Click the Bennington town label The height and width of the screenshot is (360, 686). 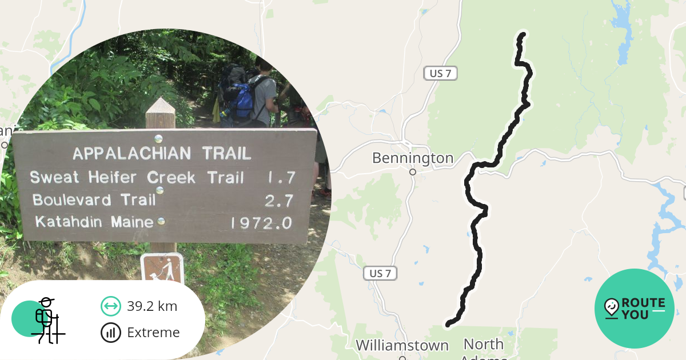(412, 158)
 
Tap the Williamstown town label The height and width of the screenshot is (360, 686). (402, 346)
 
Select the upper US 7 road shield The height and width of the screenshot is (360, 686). (440, 73)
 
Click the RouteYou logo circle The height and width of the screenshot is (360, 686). (635, 309)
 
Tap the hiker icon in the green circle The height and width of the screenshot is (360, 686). (46, 320)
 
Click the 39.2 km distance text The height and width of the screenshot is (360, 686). (152, 306)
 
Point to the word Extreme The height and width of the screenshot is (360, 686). (153, 333)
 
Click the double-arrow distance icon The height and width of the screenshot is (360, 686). (110, 306)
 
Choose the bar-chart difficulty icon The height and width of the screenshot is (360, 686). (110, 333)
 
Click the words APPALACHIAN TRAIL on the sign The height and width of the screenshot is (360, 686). (162, 153)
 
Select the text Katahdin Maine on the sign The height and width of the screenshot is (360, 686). (94, 222)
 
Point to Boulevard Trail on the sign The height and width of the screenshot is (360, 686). (94, 200)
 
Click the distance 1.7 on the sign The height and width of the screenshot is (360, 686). (281, 178)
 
